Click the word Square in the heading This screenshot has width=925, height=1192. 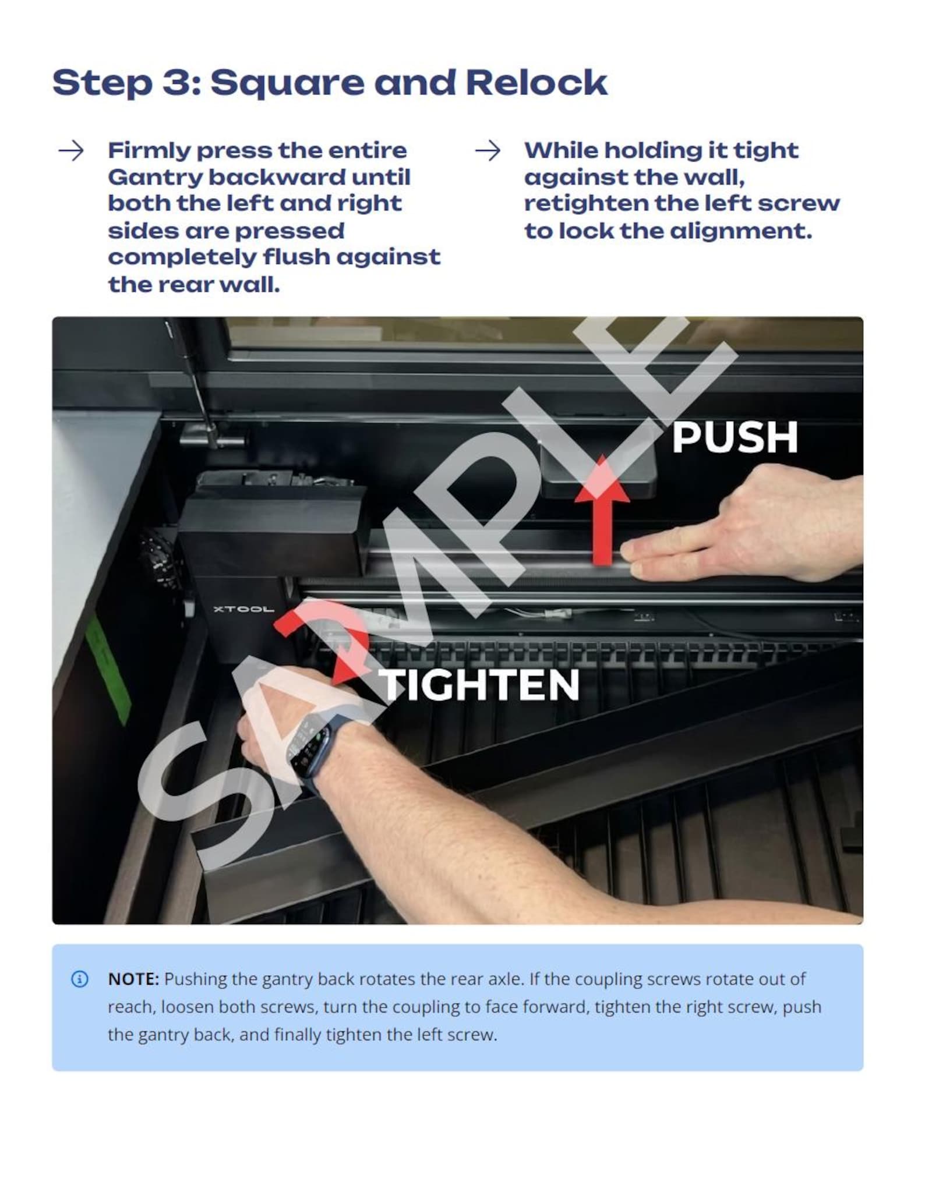(287, 83)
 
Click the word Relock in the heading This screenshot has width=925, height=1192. (536, 82)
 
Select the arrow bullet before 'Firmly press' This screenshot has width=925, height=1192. (71, 151)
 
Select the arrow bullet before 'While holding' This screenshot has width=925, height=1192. (488, 151)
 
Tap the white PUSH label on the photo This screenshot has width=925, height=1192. (735, 437)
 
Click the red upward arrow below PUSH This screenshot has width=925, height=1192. (603, 510)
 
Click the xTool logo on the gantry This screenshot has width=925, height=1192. (243, 609)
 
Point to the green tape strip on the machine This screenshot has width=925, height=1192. (109, 670)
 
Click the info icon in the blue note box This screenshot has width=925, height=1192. (80, 979)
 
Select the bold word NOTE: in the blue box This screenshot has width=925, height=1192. (133, 979)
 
